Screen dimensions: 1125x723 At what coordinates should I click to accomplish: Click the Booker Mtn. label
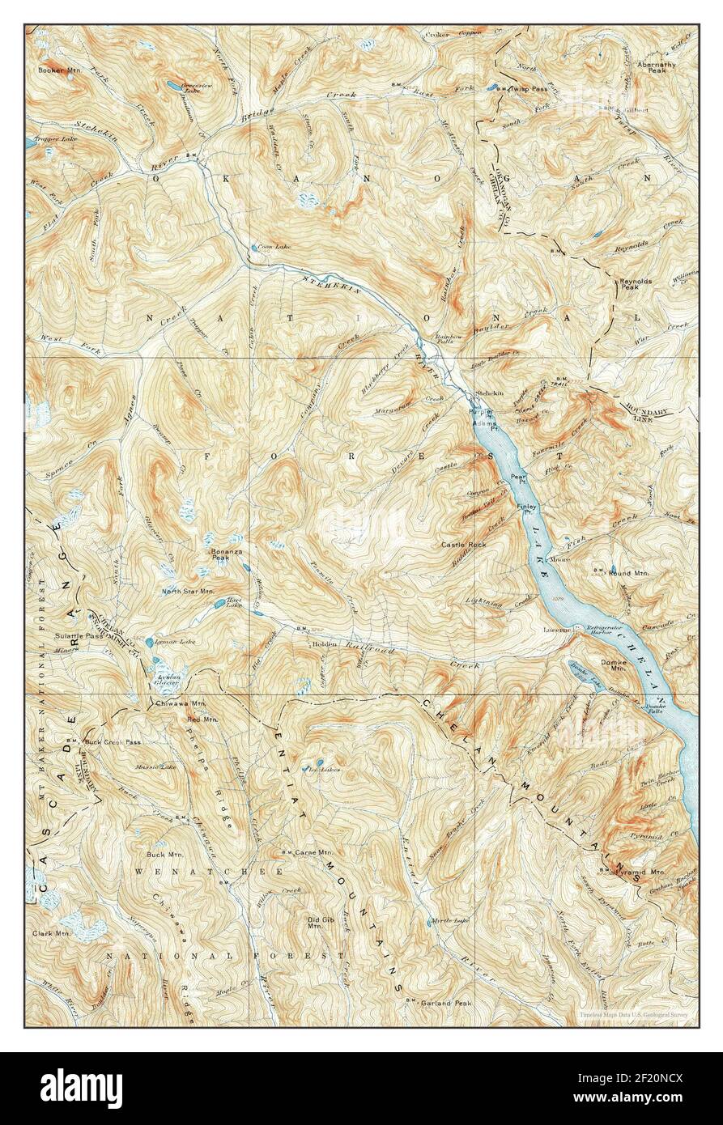(57, 70)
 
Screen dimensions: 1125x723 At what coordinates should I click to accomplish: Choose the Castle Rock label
(463, 546)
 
